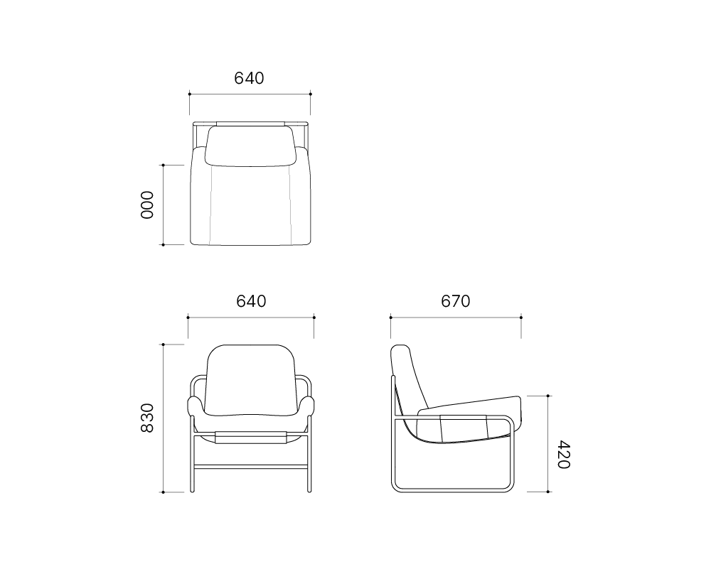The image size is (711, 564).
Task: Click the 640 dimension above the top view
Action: pos(249,78)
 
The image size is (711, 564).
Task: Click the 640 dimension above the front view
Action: pos(251,301)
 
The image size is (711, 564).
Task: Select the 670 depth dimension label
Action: pos(455,301)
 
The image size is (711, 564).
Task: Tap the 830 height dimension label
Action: pos(147,418)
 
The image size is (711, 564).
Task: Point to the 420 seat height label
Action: pos(563,455)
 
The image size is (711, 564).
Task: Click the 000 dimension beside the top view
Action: pos(147,205)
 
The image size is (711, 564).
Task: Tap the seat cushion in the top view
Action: pos(250,204)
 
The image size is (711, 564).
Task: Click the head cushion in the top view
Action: pos(251,146)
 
